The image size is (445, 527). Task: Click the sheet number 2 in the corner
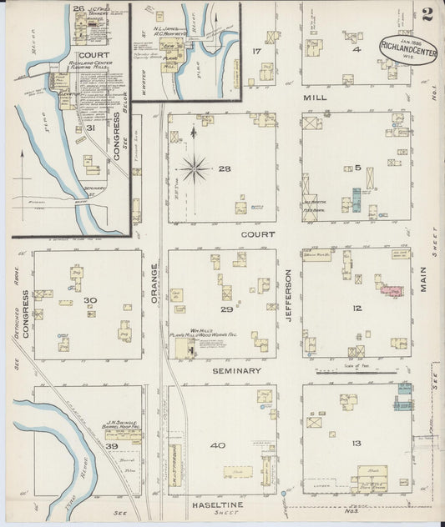427,13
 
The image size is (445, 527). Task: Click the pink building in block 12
391,291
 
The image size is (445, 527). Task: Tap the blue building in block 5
357,199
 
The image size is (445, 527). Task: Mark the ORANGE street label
154,283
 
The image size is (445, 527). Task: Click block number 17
258,52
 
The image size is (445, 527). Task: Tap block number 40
218,445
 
